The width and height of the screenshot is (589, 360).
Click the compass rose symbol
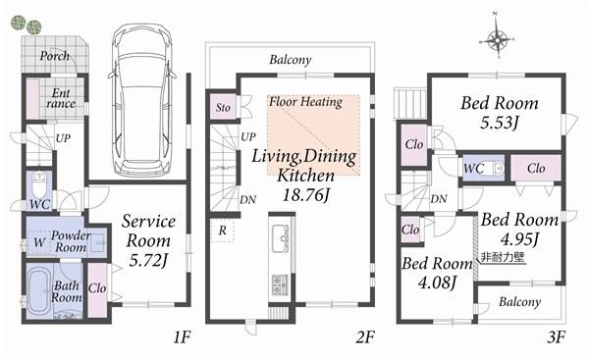pyautogui.click(x=499, y=40)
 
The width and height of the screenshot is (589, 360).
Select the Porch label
pyautogui.click(x=54, y=57)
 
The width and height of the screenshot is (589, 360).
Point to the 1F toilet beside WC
pyautogui.click(x=38, y=183)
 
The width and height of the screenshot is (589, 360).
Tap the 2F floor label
pyautogui.click(x=365, y=338)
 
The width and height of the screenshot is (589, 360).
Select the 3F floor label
pyautogui.click(x=556, y=338)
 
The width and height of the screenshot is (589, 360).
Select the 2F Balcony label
pyautogui.click(x=290, y=60)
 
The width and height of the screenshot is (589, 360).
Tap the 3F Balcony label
pyautogui.click(x=519, y=302)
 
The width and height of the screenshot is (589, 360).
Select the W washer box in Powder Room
pyautogui.click(x=38, y=240)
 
